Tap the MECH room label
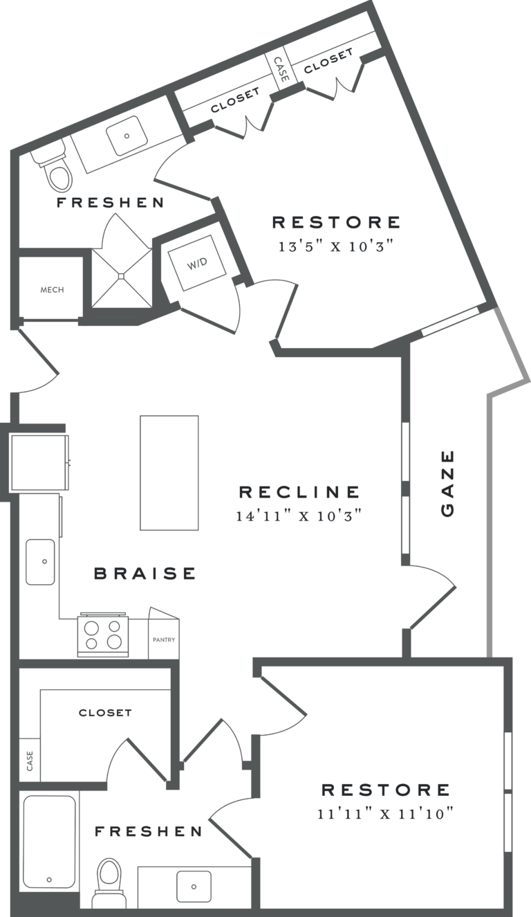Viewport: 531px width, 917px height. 52,289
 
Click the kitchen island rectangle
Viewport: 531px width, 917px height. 169,473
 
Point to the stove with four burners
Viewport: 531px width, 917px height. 103,635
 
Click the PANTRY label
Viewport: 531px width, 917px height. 164,639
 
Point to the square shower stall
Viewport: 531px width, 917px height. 122,275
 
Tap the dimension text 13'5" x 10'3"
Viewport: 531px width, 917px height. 337,246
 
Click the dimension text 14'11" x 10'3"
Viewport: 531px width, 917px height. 300,516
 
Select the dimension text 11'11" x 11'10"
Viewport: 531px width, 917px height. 385,813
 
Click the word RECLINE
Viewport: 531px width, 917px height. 299,492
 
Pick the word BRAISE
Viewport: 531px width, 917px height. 145,573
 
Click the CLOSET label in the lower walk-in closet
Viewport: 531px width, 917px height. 105,712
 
